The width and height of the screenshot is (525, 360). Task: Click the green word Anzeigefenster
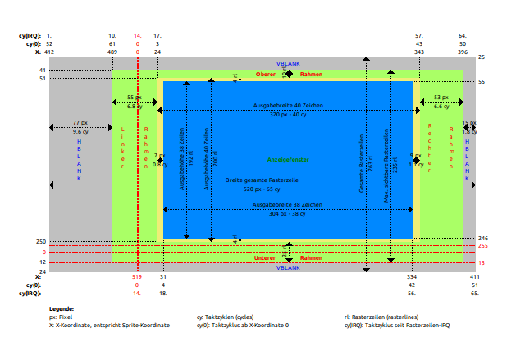288,159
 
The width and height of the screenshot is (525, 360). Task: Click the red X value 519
137,277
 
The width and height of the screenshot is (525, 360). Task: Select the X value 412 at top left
49,52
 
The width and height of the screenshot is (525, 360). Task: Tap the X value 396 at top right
463,52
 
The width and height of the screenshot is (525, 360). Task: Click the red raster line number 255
483,245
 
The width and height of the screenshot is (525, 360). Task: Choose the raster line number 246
483,238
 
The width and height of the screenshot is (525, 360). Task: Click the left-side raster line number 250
41,241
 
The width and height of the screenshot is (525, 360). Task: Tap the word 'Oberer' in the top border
266,75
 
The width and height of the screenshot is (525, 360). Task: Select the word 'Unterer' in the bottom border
266,258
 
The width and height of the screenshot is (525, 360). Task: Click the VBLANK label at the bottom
288,267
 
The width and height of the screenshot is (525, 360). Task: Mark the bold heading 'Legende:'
61,308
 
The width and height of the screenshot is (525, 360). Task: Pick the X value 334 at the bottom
412,277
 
